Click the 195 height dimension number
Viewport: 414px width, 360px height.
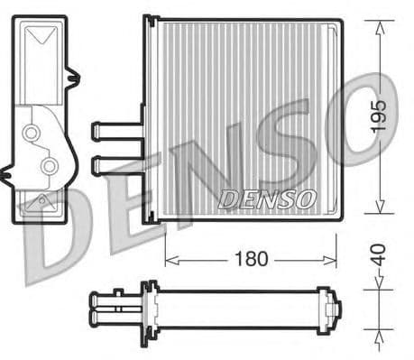(x=380, y=116)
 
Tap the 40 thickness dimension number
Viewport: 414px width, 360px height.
(x=380, y=254)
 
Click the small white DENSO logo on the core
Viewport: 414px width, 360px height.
(x=267, y=197)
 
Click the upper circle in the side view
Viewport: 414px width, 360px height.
(x=32, y=133)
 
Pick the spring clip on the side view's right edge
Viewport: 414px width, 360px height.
(x=73, y=78)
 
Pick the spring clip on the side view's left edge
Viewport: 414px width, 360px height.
(x=9, y=169)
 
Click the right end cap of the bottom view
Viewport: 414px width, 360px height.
(x=335, y=309)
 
